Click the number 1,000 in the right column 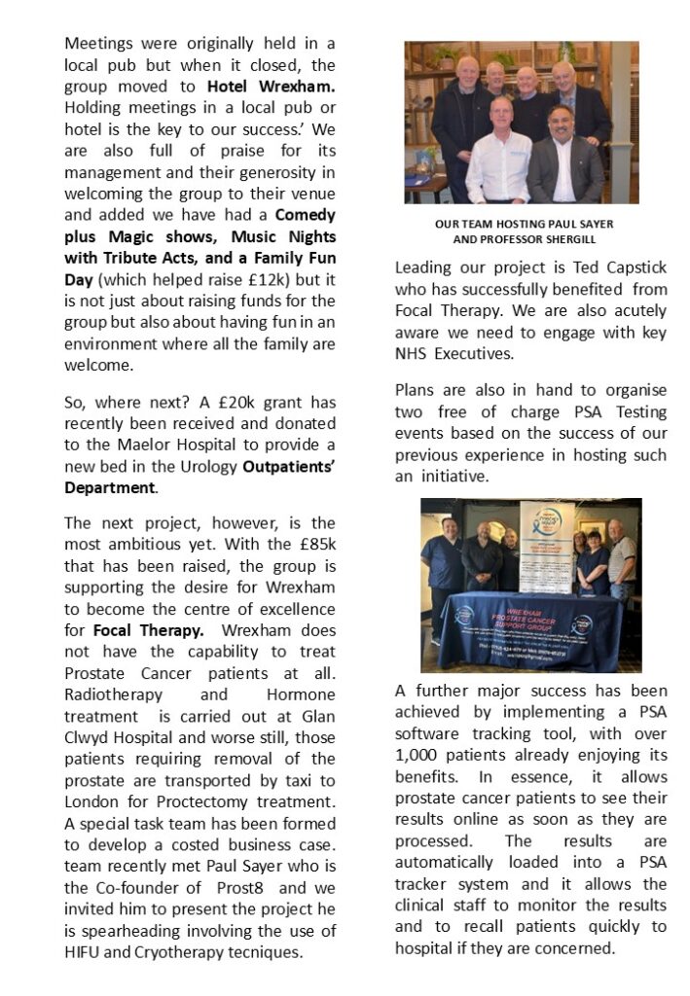tap(417, 733)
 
